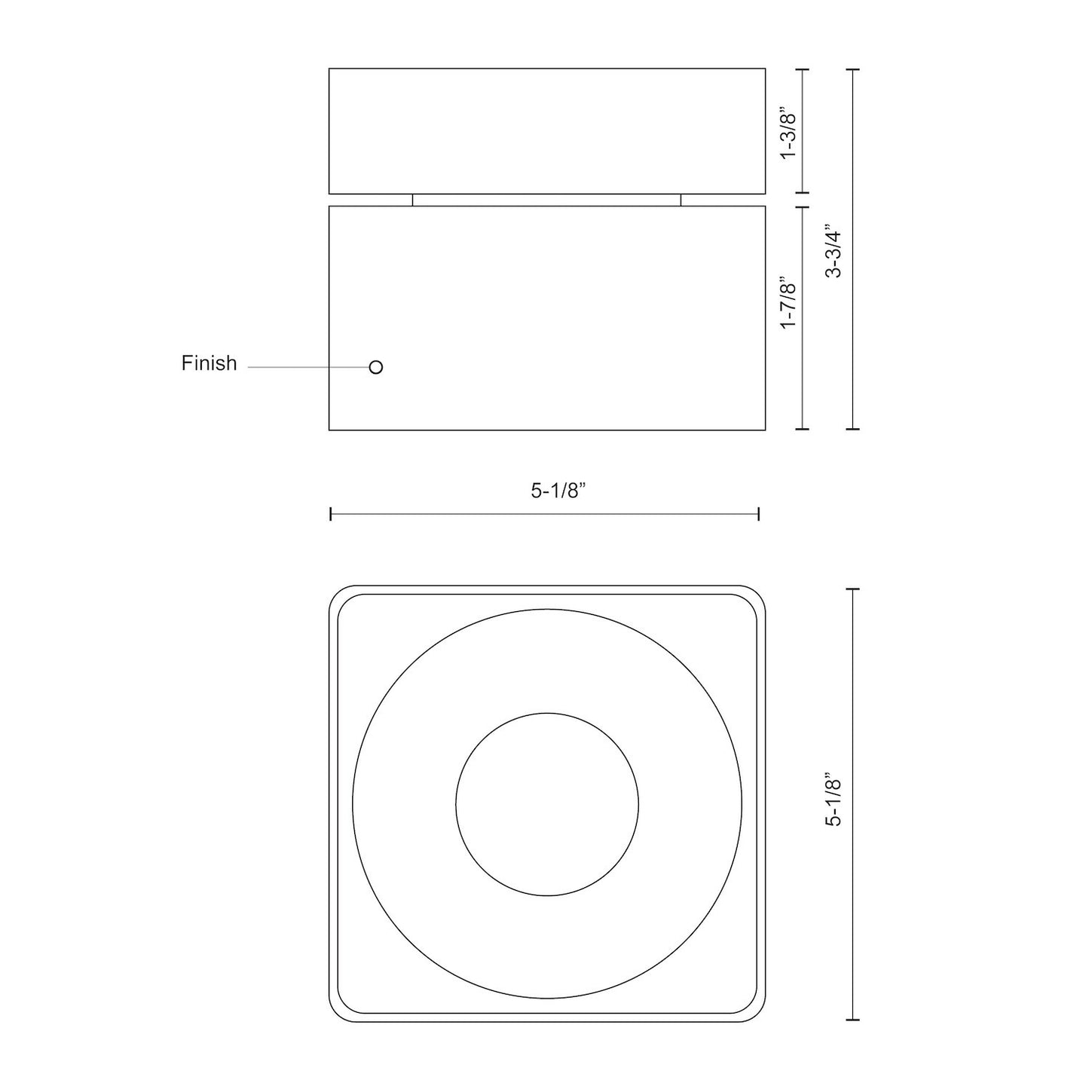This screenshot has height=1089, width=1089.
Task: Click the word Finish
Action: pyautogui.click(x=209, y=363)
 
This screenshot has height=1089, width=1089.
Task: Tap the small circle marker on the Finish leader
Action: pyautogui.click(x=376, y=367)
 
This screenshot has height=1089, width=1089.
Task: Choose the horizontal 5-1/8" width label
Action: pyautogui.click(x=558, y=491)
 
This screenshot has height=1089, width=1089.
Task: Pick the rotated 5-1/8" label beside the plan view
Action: pyautogui.click(x=834, y=800)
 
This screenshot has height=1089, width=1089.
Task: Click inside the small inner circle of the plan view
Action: pyautogui.click(x=547, y=804)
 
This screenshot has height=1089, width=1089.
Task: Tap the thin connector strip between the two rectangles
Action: pyautogui.click(x=546, y=200)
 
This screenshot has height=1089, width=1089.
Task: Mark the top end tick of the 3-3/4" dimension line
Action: pyautogui.click(x=853, y=69)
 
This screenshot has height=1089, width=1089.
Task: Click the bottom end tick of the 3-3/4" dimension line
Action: pyautogui.click(x=853, y=430)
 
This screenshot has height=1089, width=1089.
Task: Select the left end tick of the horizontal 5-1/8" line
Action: pyautogui.click(x=331, y=514)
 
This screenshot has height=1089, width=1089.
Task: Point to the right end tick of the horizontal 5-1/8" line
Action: pyautogui.click(x=758, y=514)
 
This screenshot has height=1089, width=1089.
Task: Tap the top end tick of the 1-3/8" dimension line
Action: pyautogui.click(x=802, y=69)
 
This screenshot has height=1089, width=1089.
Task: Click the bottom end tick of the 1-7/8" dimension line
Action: pyautogui.click(x=802, y=430)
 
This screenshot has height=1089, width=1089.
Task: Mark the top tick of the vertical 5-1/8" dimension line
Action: pyautogui.click(x=853, y=589)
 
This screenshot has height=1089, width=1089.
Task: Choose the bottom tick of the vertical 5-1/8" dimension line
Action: pyautogui.click(x=853, y=1020)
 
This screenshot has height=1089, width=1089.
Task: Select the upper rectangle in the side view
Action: pyautogui.click(x=546, y=131)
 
